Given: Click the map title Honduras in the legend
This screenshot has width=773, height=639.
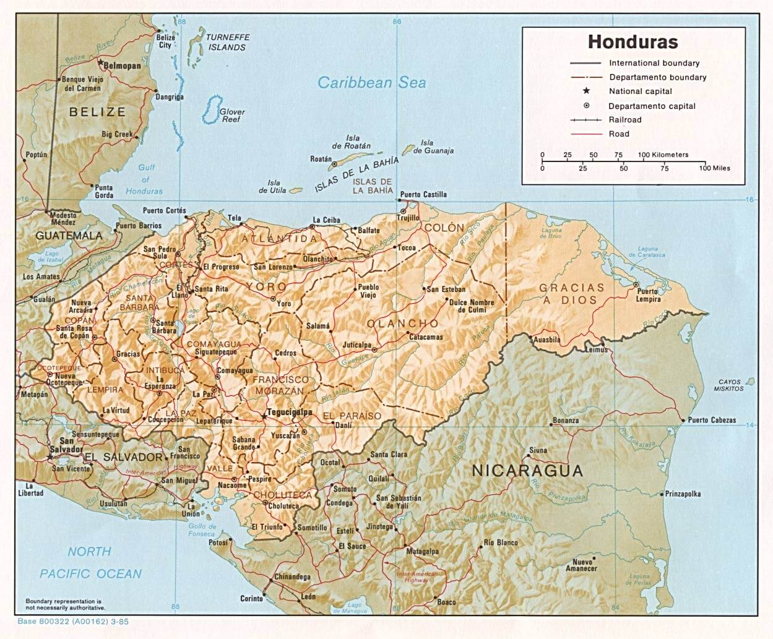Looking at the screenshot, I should pyautogui.click(x=633, y=42).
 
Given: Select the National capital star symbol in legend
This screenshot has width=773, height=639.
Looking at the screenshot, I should pyautogui.click(x=586, y=91).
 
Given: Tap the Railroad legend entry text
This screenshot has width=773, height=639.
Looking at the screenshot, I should pyautogui.click(x=625, y=119).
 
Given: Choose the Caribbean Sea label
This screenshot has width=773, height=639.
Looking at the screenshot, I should pyautogui.click(x=371, y=83).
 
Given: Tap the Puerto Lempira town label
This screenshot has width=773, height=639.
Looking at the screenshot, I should pyautogui.click(x=647, y=296).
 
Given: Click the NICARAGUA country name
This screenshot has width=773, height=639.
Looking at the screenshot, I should pyautogui.click(x=527, y=470).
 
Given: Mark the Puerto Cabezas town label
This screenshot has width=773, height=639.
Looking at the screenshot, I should pyautogui.click(x=712, y=420).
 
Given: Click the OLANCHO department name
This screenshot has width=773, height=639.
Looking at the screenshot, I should pyautogui.click(x=402, y=324).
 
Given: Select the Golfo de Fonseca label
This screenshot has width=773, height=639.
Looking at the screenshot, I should pyautogui.click(x=202, y=530).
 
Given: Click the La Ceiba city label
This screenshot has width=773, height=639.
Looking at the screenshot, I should pyautogui.click(x=326, y=220).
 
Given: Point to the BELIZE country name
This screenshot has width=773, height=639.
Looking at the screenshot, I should pyautogui.click(x=97, y=112).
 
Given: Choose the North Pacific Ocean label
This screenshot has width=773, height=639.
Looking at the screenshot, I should pyautogui.click(x=90, y=562).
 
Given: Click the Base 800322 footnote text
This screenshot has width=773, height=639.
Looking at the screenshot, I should pyautogui.click(x=73, y=621).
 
